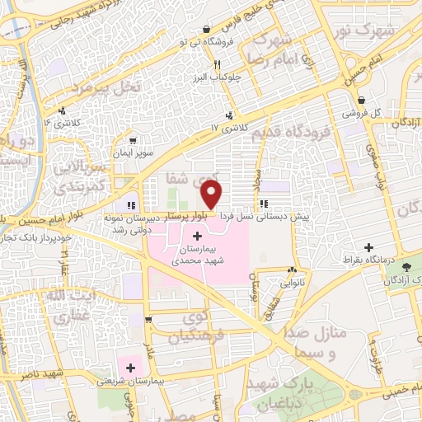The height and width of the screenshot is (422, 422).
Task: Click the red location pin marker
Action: click(x=212, y=195)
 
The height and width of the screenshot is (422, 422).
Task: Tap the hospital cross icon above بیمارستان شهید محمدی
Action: click(x=195, y=237)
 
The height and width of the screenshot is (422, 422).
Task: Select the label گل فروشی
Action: click(x=363, y=112)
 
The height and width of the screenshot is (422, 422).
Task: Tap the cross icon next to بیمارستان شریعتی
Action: click(x=129, y=367)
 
